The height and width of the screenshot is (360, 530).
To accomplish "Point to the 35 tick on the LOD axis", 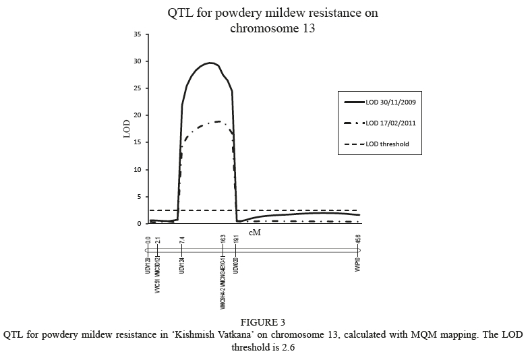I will [x=137, y=34].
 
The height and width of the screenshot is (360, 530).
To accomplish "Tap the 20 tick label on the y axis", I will [x=137, y=115].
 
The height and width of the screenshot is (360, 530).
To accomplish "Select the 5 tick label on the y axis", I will [x=139, y=197].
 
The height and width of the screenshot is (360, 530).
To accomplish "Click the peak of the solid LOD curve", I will [x=211, y=63].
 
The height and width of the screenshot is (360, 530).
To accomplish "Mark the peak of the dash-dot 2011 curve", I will [x=218, y=121].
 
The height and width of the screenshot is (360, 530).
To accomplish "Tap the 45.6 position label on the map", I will [x=358, y=241].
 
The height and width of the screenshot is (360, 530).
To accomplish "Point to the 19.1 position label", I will [x=236, y=241].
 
